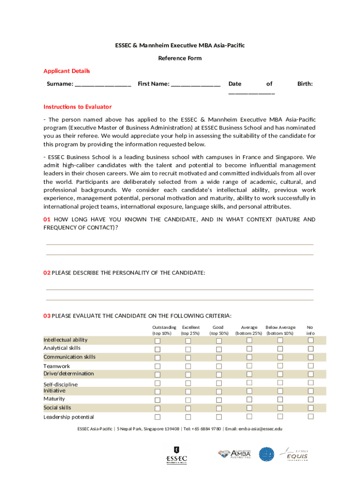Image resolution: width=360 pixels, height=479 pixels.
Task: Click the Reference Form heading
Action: tap(180, 58)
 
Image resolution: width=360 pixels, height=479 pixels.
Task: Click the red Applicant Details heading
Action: tap(66, 71)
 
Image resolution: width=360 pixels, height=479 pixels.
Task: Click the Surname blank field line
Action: tap(103, 85)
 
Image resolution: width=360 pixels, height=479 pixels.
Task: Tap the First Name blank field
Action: tap(195, 85)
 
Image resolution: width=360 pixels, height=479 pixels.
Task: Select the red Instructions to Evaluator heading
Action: tap(78, 107)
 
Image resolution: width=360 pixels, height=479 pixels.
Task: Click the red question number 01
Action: tap(47, 219)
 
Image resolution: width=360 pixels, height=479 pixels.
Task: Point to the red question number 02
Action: tap(47, 273)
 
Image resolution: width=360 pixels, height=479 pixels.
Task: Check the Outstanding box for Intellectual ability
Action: tap(158, 341)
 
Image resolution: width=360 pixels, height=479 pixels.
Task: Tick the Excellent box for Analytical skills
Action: tap(188, 349)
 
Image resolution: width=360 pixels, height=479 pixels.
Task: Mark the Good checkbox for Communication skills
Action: tap(219, 358)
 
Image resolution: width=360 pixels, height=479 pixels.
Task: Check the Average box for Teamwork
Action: tap(249, 366)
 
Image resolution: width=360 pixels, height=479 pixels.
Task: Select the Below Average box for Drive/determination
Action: tap(280, 374)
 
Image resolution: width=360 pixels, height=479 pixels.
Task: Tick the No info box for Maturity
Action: tap(310, 399)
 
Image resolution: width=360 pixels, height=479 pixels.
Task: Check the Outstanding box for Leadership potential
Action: tap(158, 417)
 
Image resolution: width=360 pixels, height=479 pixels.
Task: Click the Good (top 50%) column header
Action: tap(218, 330)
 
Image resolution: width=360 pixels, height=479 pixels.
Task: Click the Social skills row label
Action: tap(58, 408)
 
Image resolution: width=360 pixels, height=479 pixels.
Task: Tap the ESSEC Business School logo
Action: tap(177, 455)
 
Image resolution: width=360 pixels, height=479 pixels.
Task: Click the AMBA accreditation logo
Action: tap(235, 454)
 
